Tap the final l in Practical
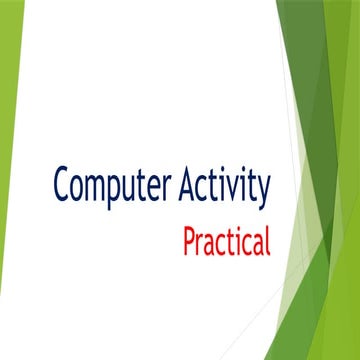point(267,239)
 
